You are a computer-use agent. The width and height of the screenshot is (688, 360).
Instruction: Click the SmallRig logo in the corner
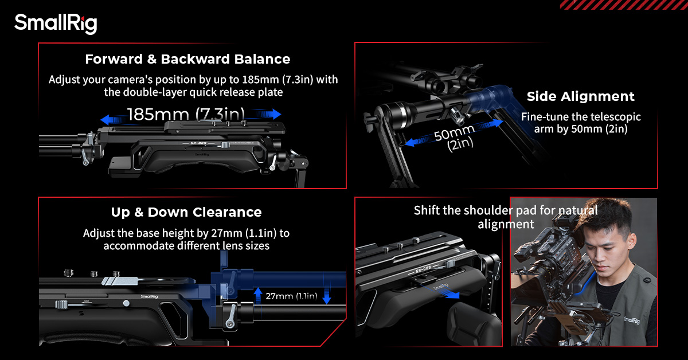(56, 24)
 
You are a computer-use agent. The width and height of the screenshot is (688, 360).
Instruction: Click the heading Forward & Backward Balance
(187, 59)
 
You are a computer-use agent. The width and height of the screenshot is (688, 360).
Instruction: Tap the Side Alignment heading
(580, 96)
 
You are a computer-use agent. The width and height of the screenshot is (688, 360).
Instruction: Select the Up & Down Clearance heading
(186, 212)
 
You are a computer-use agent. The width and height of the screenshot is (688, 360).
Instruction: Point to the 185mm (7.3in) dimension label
(186, 114)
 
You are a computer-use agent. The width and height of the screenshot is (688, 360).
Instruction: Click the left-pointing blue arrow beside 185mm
(113, 119)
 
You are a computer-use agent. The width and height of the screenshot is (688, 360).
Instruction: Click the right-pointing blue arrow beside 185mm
(267, 114)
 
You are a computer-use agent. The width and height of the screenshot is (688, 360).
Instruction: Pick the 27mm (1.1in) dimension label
(291, 296)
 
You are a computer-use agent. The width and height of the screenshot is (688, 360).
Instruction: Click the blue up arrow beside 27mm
(258, 295)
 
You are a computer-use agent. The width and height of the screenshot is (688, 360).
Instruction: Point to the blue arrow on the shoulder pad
(442, 291)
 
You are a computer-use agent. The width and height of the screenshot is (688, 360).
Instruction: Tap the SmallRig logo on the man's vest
(632, 320)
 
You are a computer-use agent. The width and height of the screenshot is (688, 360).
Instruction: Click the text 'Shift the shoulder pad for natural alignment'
(506, 217)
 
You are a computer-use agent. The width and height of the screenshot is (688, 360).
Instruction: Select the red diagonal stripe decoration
(624, 5)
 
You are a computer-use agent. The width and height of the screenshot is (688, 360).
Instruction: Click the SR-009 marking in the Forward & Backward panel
(198, 143)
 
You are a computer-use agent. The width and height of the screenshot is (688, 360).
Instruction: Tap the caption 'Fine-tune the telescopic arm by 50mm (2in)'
(581, 123)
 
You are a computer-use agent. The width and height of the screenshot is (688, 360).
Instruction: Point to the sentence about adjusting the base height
(186, 240)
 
